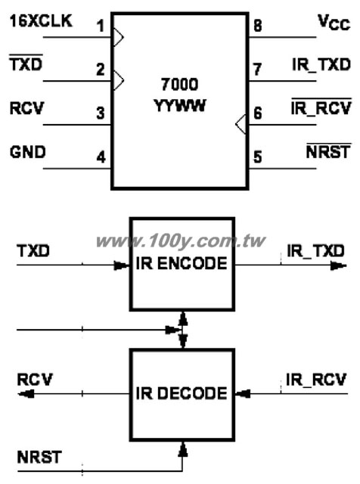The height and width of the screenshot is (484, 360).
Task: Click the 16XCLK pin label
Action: (41, 21)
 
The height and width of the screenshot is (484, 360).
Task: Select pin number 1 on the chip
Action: (101, 26)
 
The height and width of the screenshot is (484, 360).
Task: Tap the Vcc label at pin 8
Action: (334, 23)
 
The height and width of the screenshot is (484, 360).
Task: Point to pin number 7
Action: (257, 70)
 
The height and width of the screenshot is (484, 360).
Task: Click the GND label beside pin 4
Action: (27, 152)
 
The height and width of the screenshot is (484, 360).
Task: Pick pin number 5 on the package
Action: (257, 157)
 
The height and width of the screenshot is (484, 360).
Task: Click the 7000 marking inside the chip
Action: (179, 85)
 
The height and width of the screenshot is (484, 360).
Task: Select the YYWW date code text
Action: (179, 106)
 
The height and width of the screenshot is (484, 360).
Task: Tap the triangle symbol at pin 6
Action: (241, 124)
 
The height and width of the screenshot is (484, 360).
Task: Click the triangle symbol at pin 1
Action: (119, 37)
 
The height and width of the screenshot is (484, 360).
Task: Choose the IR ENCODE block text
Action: (182, 263)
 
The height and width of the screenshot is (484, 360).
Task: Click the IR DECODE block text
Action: (182, 393)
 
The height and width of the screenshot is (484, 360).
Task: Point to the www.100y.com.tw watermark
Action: (181, 241)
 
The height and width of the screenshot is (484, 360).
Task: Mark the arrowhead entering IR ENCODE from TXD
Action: (122, 265)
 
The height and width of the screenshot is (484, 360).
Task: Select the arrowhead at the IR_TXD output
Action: (339, 265)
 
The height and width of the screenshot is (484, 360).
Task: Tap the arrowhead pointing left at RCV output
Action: (26, 393)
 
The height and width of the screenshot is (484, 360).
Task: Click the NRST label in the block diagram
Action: (39, 457)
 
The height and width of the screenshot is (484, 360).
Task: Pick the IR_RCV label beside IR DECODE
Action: (316, 380)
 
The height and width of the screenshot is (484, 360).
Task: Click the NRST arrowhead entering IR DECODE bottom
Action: (183, 448)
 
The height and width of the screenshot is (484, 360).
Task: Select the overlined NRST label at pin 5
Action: (328, 151)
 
